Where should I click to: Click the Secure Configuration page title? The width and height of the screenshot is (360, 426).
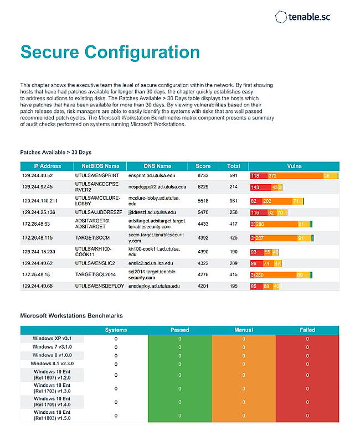[x=110, y=52]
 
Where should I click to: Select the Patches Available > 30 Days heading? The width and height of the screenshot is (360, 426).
[x=56, y=152]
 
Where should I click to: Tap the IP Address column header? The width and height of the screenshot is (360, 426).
[x=47, y=166]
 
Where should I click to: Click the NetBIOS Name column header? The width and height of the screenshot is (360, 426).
[x=100, y=166]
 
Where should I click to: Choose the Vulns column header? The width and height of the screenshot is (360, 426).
[x=294, y=166]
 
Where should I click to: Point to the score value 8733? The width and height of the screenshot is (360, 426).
[x=203, y=175]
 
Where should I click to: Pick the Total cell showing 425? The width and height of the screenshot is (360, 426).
[x=233, y=238]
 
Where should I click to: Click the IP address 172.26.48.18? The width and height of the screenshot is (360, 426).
[x=36, y=274]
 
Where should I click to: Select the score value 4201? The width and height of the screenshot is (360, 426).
[x=203, y=286]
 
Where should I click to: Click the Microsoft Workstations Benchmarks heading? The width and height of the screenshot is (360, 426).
[x=71, y=316]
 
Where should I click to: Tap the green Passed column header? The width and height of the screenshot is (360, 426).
[x=179, y=330]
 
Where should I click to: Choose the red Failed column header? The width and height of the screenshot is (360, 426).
[x=307, y=330]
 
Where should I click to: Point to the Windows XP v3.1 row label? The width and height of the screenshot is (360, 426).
[x=52, y=338]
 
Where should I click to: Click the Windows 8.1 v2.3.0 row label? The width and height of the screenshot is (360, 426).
[x=52, y=363]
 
